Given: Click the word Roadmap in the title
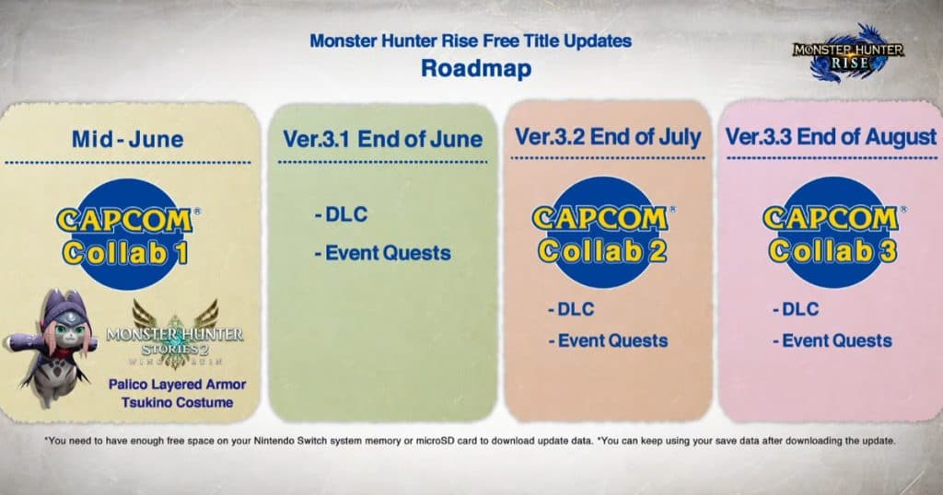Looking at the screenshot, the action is click(x=476, y=68).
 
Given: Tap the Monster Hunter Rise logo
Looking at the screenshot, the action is click(x=848, y=54).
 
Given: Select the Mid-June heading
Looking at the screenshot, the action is click(x=127, y=139).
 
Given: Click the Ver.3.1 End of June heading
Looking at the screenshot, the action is click(x=382, y=139).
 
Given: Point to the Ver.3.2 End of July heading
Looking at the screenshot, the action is click(x=608, y=137).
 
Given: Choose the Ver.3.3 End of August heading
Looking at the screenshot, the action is click(x=831, y=137).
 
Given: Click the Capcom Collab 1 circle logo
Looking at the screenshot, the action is click(x=127, y=235).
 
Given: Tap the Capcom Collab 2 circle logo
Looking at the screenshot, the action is click(x=602, y=233).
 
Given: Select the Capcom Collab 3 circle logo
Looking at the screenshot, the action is click(x=833, y=233).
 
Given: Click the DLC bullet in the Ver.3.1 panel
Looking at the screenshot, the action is click(x=341, y=214).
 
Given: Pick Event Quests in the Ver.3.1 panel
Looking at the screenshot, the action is click(x=382, y=253).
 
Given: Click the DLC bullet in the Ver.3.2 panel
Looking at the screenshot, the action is click(x=571, y=309).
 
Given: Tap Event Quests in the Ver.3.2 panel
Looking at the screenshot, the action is click(x=608, y=340).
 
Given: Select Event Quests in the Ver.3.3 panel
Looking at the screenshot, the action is click(x=832, y=340).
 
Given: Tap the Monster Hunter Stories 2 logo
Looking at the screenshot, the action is click(x=175, y=334).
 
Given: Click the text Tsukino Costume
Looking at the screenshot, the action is click(x=178, y=402).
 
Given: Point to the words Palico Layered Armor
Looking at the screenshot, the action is click(x=178, y=385).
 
